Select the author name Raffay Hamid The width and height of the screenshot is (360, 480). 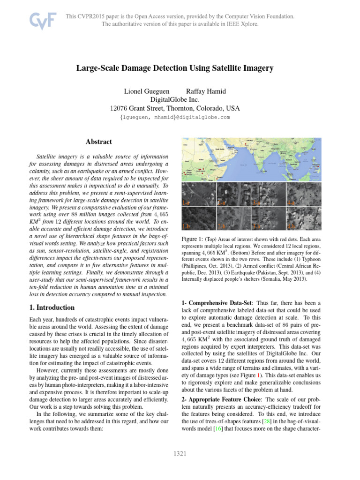pyautogui.click(x=204, y=91)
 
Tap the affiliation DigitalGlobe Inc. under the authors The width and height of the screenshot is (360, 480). pyautogui.click(x=174, y=99)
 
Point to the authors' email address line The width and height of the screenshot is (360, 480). pyautogui.click(x=175, y=117)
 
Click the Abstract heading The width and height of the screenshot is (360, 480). pyautogui.click(x=99, y=142)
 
